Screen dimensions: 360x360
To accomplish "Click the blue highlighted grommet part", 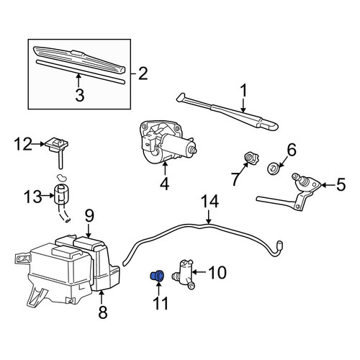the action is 157,275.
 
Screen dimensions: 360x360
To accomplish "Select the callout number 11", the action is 161,303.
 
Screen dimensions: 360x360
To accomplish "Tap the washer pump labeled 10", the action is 184,274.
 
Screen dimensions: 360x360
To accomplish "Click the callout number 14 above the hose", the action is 210,201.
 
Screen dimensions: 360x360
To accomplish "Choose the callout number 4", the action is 165,184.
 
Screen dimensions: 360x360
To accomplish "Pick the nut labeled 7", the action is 251,158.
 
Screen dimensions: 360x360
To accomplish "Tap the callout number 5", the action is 341,185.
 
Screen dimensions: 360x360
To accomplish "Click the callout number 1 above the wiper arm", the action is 243,90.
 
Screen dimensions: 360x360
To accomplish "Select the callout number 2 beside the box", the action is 143,73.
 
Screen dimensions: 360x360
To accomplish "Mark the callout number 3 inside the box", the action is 80,95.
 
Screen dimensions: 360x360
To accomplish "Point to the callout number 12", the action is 23,144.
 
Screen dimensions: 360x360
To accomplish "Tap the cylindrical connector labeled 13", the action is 62,194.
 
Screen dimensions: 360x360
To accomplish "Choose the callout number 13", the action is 33,197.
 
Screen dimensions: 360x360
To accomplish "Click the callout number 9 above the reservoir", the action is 89,216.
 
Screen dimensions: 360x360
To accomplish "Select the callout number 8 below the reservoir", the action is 103,312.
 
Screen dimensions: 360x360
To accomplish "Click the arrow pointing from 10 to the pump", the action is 199,272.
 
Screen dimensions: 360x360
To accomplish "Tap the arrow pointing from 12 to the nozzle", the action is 38,144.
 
